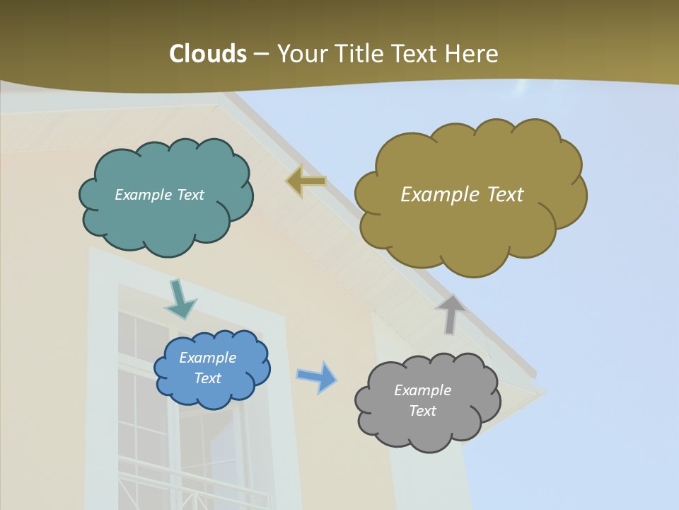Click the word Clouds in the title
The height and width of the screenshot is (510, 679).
[207, 54]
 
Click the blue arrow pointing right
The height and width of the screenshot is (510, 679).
[317, 376]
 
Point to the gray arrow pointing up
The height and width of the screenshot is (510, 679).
[451, 314]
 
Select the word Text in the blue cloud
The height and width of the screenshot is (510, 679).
[208, 378]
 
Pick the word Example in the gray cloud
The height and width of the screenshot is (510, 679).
[422, 390]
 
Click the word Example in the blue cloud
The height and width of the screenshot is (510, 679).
[208, 358]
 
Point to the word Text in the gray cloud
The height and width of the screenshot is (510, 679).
[422, 411]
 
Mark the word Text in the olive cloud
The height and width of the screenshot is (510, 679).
[505, 195]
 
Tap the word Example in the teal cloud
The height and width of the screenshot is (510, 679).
[141, 195]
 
